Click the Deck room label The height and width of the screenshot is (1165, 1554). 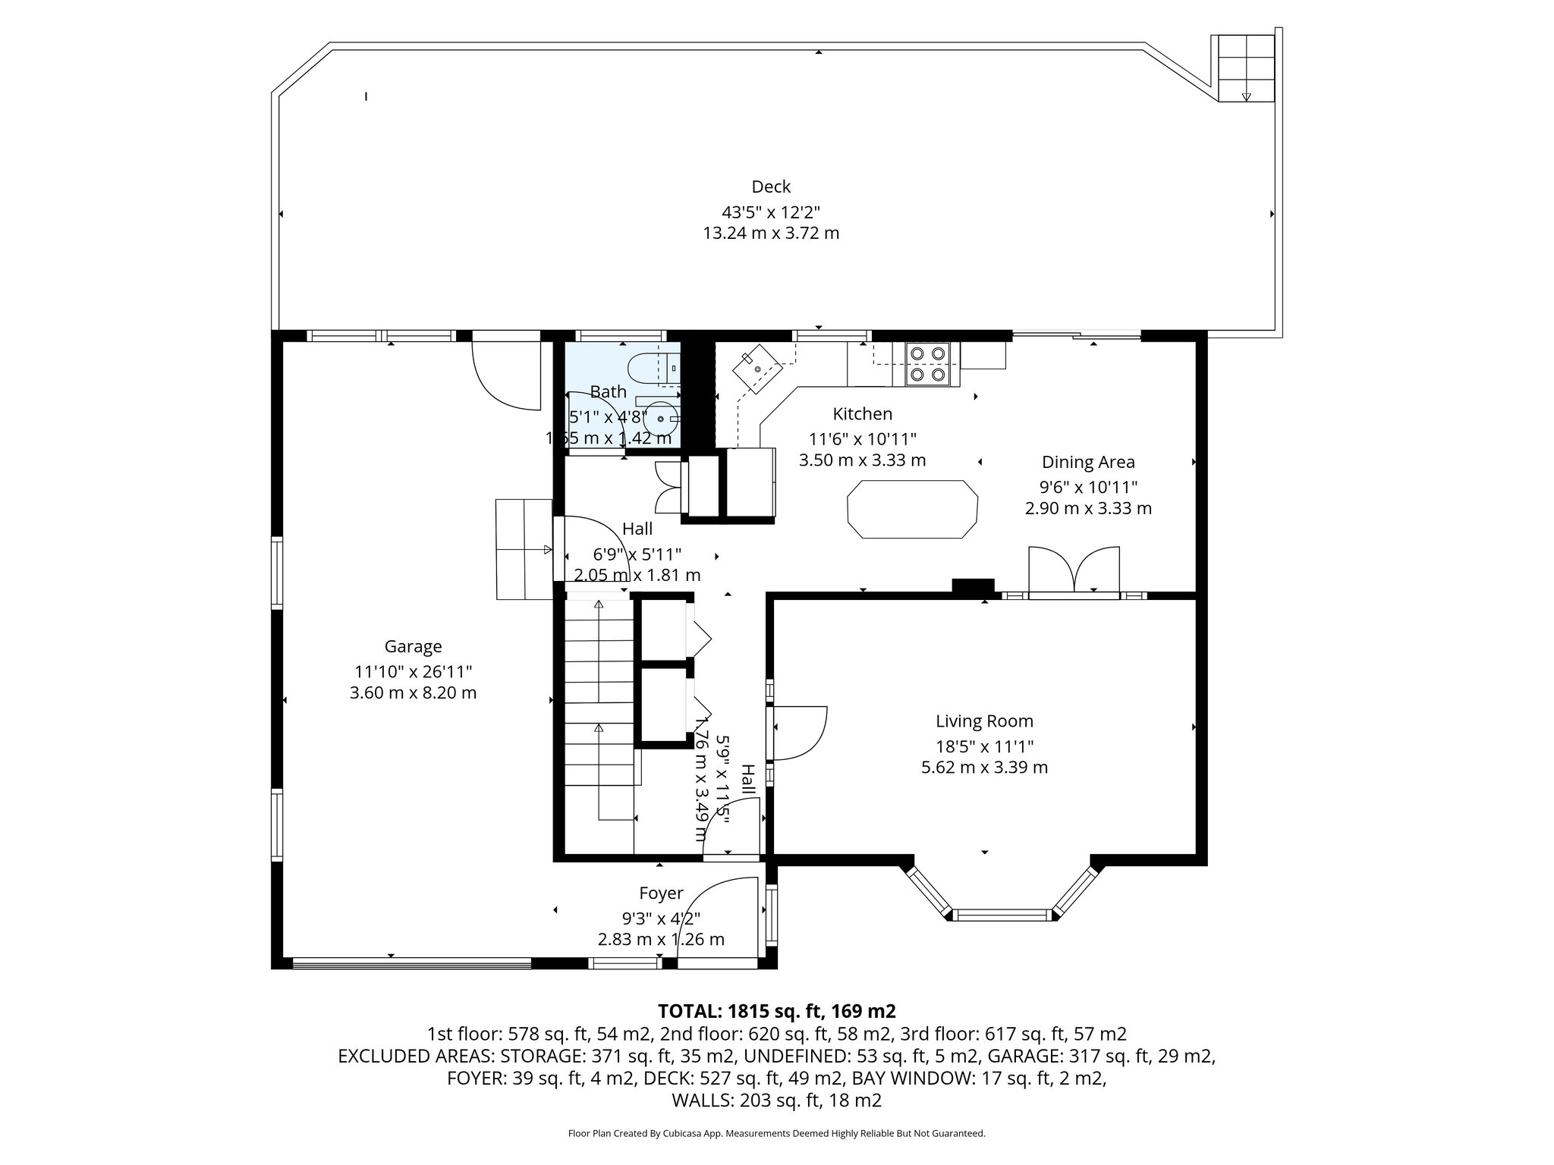(771, 187)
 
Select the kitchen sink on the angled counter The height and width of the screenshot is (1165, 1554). (757, 368)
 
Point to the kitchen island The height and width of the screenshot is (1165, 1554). (911, 509)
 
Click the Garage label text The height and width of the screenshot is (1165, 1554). (413, 646)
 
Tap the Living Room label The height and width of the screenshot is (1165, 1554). (984, 721)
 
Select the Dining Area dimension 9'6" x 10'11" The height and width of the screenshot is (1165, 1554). (1088, 486)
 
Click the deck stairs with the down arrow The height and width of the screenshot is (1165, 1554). (1245, 69)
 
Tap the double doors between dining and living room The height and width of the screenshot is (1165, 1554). (1074, 570)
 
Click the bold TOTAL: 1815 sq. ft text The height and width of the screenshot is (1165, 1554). (776, 1011)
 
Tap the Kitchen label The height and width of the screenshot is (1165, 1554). (862, 414)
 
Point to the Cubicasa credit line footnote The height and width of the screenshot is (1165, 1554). (776, 1133)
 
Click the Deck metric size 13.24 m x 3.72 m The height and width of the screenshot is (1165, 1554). (771, 233)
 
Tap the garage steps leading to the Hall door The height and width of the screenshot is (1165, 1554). (524, 549)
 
